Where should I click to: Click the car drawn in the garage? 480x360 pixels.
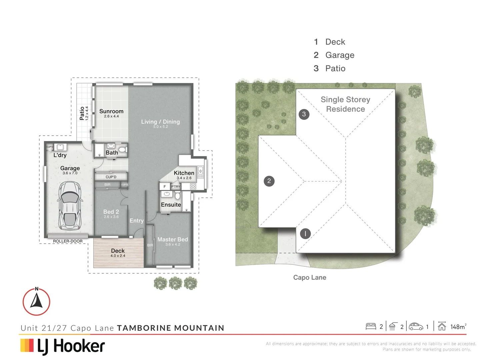70,206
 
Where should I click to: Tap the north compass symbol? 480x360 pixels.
36,301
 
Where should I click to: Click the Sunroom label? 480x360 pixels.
111,111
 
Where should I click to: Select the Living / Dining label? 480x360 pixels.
160,122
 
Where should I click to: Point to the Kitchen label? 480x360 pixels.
184,173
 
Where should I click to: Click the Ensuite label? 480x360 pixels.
171,205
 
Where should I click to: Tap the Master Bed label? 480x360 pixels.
173,239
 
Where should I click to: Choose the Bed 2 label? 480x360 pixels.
111,212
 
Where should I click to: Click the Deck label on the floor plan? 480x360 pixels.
118,251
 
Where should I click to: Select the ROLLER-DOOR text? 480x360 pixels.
68,241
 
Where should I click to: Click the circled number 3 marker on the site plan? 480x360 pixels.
304,114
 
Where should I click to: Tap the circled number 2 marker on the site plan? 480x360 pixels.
269,181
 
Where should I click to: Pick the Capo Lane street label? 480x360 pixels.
310,277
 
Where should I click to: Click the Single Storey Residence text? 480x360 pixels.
345,104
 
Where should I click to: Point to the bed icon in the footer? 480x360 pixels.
371,326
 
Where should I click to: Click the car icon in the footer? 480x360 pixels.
416,326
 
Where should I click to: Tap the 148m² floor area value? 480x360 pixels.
458,327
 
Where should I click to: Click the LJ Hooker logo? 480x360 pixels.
63,346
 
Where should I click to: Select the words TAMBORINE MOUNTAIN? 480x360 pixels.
171,328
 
